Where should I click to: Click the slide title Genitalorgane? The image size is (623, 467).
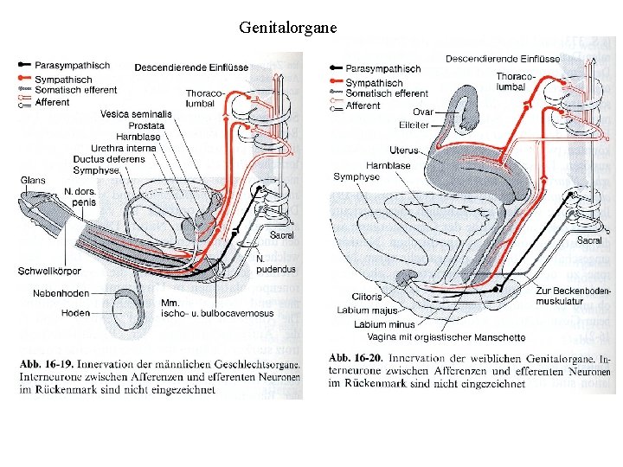click(289, 27)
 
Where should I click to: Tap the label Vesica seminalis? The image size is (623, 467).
click(136, 114)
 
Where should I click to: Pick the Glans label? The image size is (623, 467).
click(34, 180)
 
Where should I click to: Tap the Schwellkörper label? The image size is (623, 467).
click(49, 271)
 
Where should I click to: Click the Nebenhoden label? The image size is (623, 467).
click(61, 293)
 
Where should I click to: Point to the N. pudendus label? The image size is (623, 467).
click(276, 265)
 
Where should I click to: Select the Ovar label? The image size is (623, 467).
click(422, 112)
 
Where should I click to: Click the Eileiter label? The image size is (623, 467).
click(414, 126)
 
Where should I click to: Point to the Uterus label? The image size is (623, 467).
click(403, 150)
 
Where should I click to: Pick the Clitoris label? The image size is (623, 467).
click(367, 297)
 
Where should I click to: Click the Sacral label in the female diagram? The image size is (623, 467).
click(588, 240)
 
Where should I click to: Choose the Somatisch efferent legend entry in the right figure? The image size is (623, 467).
click(386, 93)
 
